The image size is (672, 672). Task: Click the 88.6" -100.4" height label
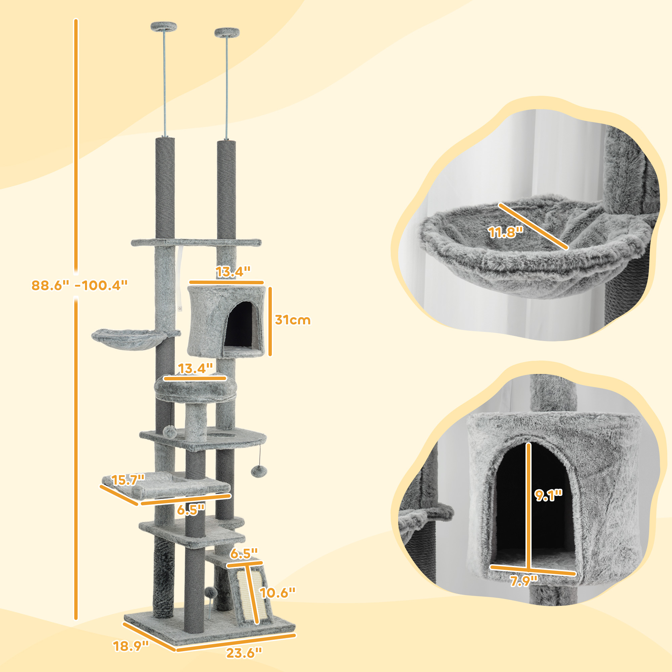79,286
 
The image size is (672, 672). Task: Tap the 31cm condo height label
293,320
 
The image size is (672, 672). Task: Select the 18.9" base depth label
131,646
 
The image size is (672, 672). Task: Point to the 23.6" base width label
244,653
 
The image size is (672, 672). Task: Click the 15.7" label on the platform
128,480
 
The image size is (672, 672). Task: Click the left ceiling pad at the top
164,26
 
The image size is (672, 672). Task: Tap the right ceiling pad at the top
227,33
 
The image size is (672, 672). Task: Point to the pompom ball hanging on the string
259,472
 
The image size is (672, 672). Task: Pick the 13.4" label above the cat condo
233,271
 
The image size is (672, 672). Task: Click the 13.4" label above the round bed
195,368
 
